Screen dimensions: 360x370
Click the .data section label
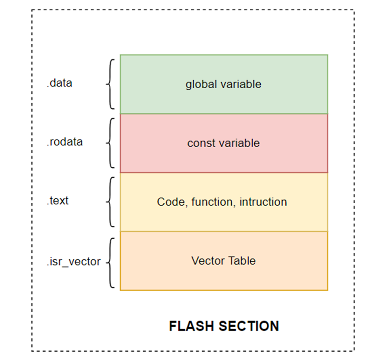59,83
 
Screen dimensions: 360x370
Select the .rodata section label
65,142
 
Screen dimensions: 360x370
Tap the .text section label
58,201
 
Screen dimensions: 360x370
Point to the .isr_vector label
74,261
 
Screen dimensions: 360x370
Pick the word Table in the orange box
243,261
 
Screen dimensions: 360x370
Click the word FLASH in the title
190,326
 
